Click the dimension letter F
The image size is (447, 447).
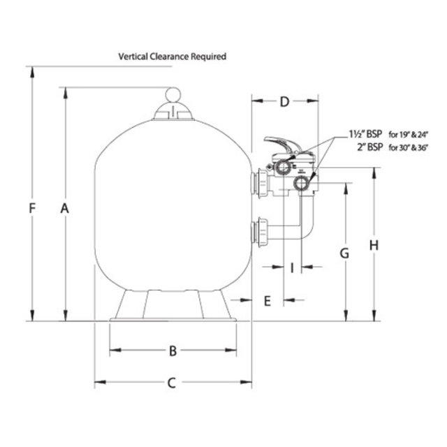(31, 207)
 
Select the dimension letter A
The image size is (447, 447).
(65, 208)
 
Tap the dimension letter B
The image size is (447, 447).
(173, 351)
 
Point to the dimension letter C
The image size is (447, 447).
(173, 382)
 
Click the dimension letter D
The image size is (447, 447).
(284, 102)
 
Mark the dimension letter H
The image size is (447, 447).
(374, 245)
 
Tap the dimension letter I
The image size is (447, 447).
(292, 266)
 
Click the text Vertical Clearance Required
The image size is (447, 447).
(173, 57)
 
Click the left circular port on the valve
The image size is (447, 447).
(282, 169)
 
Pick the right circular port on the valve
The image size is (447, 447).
(303, 184)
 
